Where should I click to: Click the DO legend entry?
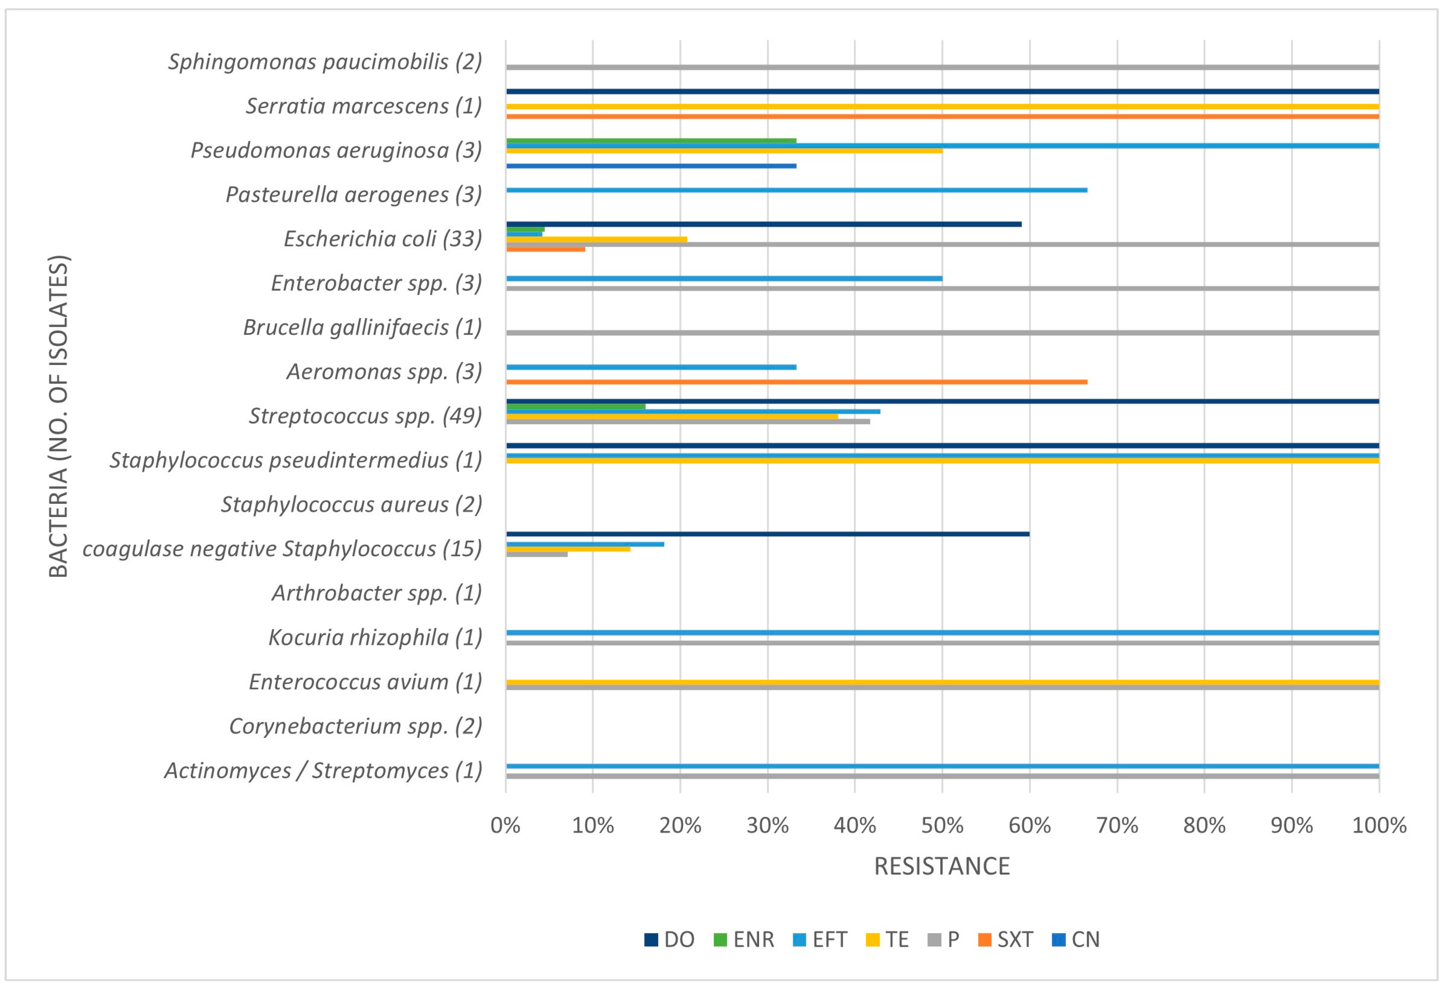(670, 939)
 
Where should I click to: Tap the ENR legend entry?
(744, 939)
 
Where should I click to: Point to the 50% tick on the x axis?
(942, 825)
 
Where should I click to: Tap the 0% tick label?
(505, 825)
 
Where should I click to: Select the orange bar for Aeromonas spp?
(796, 382)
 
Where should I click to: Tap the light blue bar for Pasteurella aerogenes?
(796, 190)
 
